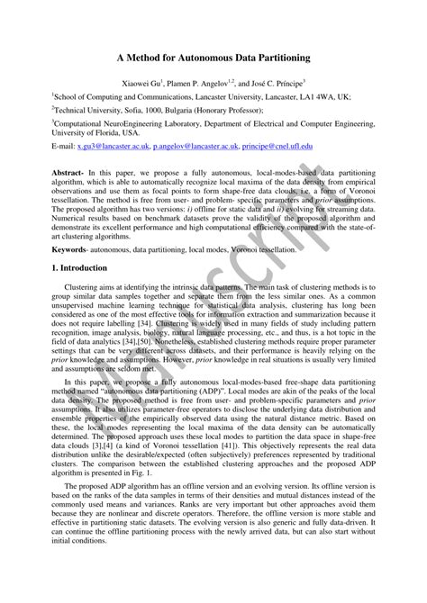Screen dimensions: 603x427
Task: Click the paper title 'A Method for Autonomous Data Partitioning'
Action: tap(213, 57)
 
